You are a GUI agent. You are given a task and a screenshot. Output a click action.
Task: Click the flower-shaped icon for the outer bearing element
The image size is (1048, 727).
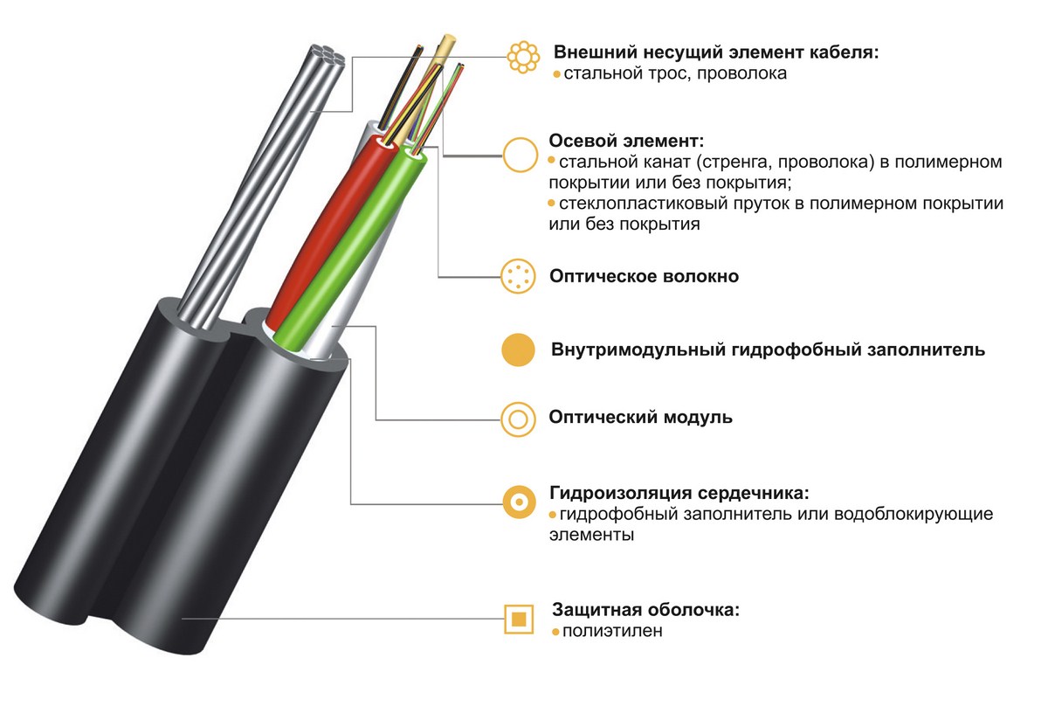point(523,57)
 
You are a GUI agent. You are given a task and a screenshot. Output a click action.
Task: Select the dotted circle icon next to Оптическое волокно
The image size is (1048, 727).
point(517,276)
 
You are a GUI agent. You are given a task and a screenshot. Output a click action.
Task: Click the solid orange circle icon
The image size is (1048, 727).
point(518,350)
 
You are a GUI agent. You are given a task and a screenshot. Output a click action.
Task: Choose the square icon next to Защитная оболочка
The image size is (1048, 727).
point(506,620)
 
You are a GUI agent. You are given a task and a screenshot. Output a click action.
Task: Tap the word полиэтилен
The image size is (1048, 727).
point(612,631)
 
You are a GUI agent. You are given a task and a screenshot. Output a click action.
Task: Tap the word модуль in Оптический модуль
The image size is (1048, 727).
point(698,417)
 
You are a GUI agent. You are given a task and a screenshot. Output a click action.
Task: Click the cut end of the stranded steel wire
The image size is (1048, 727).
point(328,55)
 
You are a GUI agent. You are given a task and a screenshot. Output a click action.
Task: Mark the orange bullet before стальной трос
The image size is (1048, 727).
point(557,74)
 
